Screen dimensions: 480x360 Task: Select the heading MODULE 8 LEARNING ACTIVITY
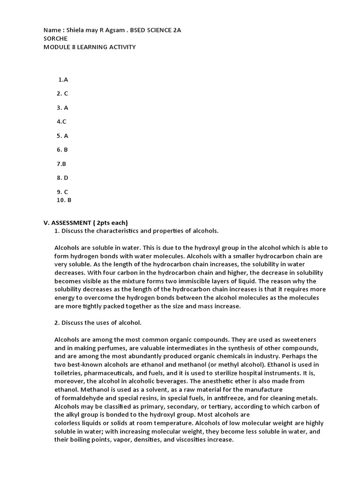pos(90,47)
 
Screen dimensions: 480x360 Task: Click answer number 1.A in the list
pos(63,80)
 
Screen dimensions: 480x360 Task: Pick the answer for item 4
pos(61,122)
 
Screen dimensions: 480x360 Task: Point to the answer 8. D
pos(62,178)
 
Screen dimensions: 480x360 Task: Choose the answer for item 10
pos(63,200)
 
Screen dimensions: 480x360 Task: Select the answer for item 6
pos(62,150)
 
